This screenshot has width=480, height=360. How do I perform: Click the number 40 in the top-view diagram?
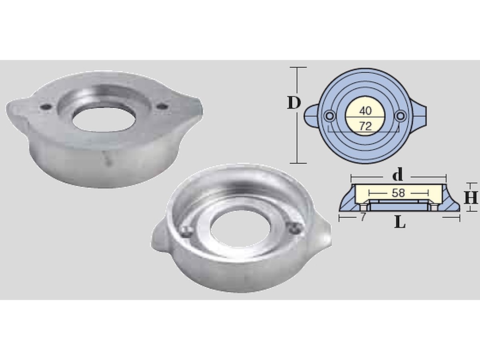[x=365, y=111]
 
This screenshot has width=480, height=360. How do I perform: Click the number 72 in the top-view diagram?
[x=365, y=126]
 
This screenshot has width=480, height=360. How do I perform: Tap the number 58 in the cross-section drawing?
[x=398, y=193]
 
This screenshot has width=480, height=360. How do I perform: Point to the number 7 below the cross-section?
[x=363, y=217]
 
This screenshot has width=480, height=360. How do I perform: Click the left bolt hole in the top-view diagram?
[x=329, y=116]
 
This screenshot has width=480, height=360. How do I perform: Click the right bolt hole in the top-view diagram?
[x=400, y=116]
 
